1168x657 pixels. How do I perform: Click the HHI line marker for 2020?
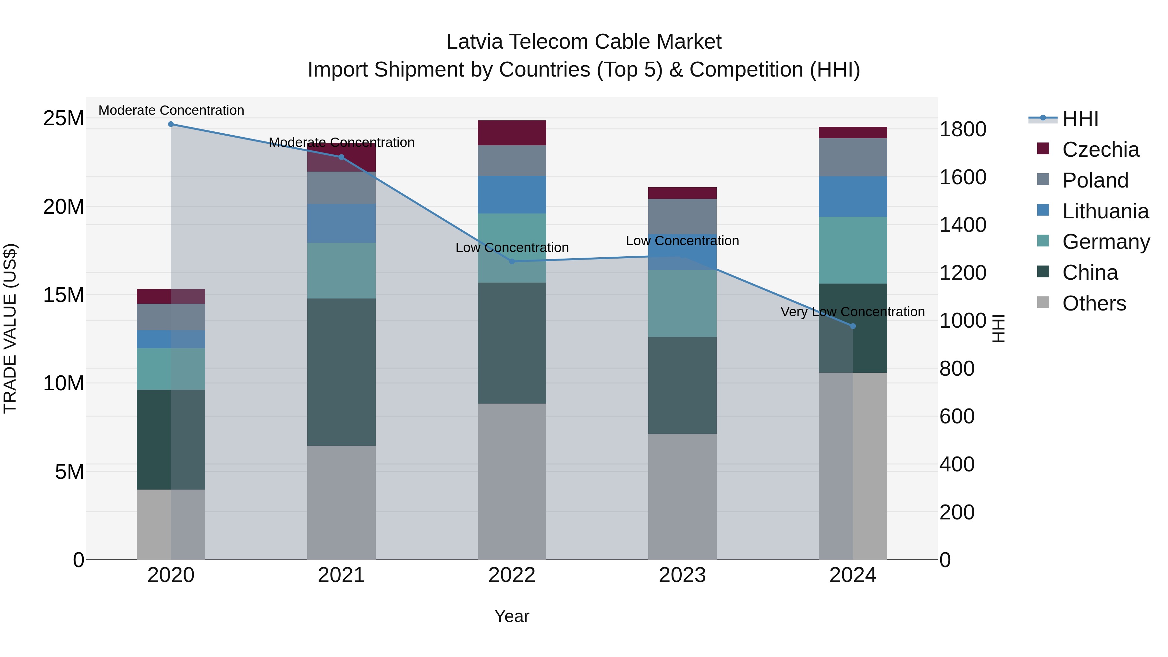pos(171,124)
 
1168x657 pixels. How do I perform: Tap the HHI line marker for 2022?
pos(512,261)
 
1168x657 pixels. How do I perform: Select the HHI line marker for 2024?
pos(853,326)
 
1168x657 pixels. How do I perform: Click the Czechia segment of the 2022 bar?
pos(512,133)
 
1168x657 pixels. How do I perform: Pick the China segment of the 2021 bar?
pos(341,372)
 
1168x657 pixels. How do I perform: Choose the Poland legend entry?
pos(1095,180)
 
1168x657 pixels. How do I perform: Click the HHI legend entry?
pos(1080,119)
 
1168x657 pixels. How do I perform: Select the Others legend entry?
pos(1094,303)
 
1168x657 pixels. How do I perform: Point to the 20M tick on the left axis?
pos(64,207)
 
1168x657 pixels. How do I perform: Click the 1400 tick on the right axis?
pos(963,225)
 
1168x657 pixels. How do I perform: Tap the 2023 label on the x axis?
pos(682,575)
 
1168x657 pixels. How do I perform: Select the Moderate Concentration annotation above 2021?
pos(341,142)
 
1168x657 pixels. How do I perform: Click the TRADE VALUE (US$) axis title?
pos(10,328)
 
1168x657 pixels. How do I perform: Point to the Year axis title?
pos(512,616)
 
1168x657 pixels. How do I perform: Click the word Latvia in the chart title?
pos(474,42)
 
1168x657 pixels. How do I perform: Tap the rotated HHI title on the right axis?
pos(998,328)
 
